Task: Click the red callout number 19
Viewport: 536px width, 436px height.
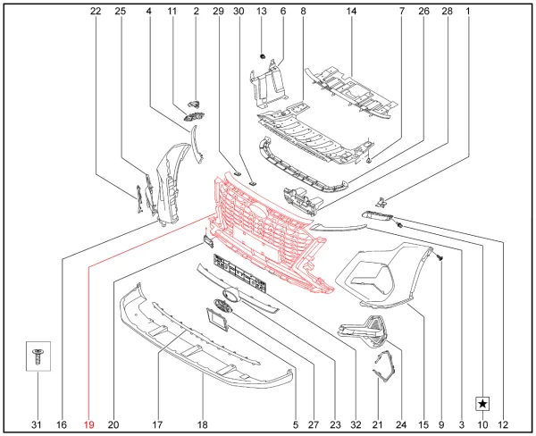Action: click(x=88, y=424)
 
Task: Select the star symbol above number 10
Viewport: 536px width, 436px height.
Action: click(x=482, y=404)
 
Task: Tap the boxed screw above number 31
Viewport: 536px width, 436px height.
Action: click(x=38, y=356)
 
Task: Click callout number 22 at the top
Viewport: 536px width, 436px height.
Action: click(x=96, y=12)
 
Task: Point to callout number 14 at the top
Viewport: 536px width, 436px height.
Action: click(x=351, y=12)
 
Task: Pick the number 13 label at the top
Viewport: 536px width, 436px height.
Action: click(x=262, y=12)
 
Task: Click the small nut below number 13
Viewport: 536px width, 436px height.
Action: click(x=262, y=55)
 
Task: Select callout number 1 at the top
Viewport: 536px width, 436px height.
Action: click(x=468, y=12)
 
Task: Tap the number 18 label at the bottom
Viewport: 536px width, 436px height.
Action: click(x=203, y=424)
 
